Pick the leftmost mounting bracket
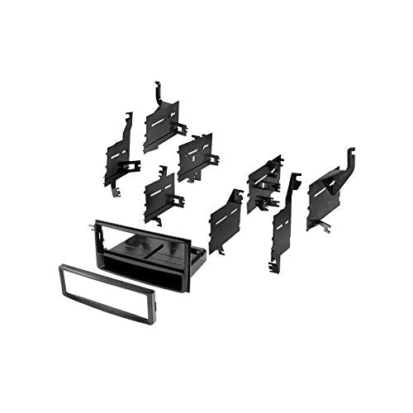[118, 153]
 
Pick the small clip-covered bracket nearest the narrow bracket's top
[263, 183]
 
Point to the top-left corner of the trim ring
[60, 265]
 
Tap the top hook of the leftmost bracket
[128, 118]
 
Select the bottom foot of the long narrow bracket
[273, 266]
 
